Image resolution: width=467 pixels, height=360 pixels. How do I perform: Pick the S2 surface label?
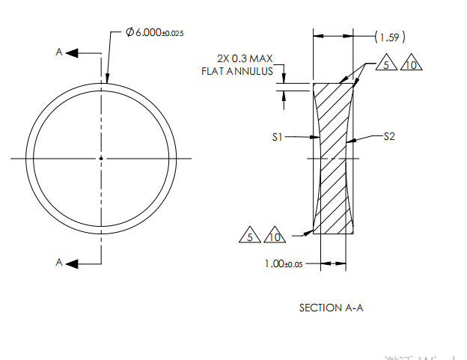coord(390,137)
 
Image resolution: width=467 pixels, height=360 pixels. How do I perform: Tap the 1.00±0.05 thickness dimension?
coord(283,264)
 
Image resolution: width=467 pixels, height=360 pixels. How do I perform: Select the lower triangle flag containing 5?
coord(248,237)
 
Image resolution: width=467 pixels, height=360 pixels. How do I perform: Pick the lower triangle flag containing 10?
coord(275,237)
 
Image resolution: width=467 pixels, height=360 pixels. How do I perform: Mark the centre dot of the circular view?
coord(100,158)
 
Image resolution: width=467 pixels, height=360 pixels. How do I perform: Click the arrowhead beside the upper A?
coord(73,52)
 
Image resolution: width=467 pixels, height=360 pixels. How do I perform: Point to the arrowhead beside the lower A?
coord(73,262)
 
